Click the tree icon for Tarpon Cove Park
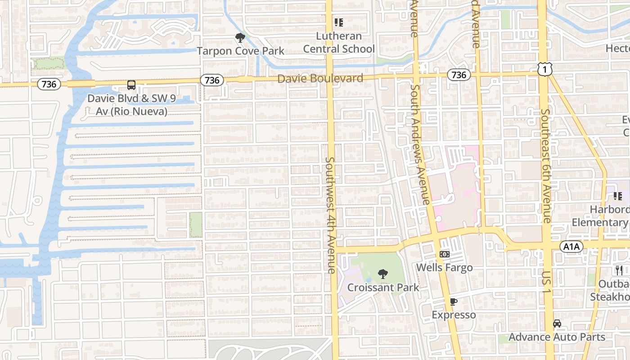pos(240,38)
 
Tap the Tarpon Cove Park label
pos(240,51)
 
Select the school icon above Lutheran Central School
pos(338,22)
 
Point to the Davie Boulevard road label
pos(320,79)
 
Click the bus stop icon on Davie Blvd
pos(131,85)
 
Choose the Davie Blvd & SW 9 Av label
pos(127,104)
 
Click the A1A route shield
pos(571,246)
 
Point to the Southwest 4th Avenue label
pos(331,215)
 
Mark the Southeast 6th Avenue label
pos(546,166)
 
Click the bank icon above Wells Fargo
pos(444,254)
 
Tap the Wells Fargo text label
pos(444,267)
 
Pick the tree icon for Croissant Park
pos(383,274)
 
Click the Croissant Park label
pos(383,287)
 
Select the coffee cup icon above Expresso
pos(454,301)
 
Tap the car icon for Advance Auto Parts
pos(557,323)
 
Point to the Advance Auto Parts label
pos(557,337)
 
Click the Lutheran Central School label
pos(339,42)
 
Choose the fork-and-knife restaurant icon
pos(619,270)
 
